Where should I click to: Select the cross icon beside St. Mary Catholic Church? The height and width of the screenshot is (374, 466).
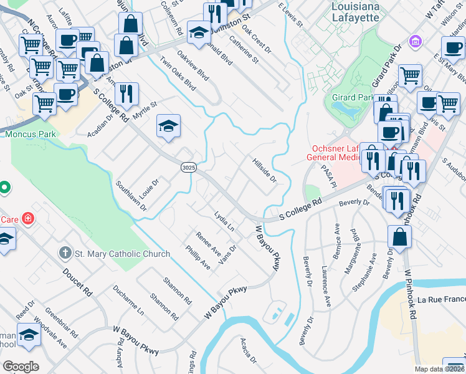tap(64, 253)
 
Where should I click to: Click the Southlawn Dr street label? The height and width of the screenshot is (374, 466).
tap(131, 196)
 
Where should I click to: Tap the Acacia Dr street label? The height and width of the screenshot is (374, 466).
tap(248, 350)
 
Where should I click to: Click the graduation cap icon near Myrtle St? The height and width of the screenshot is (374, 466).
tap(168, 127)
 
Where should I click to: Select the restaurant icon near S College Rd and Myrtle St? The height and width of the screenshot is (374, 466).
tap(126, 93)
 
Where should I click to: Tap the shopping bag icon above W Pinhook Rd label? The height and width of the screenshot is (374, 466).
tap(399, 236)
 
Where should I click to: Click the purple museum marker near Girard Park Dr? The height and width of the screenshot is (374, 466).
tap(414, 42)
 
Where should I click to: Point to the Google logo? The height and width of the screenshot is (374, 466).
tap(21, 367)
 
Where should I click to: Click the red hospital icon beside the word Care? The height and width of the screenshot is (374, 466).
tap(27, 219)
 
